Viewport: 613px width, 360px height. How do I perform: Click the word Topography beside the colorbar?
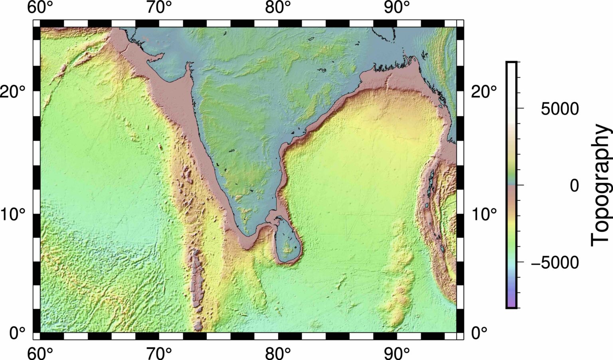pyautogui.click(x=601, y=186)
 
